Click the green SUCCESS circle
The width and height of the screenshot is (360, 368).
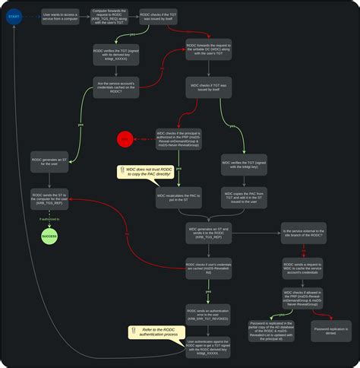(49, 236)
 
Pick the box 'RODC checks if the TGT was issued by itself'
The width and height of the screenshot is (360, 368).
(164, 17)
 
